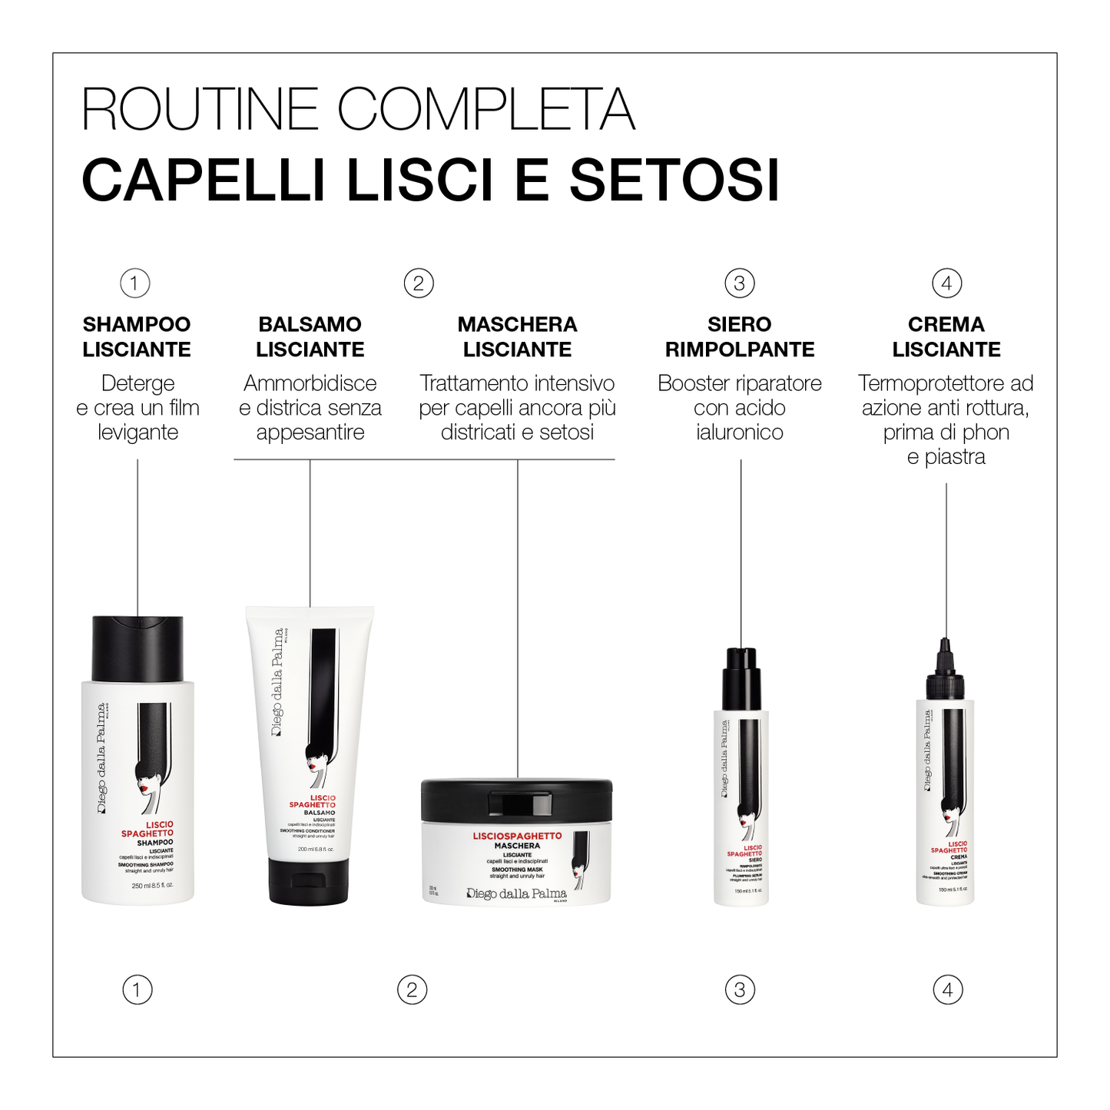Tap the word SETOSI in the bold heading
(x=674, y=181)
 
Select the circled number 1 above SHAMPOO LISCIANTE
(x=135, y=283)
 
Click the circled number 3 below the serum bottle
(x=740, y=989)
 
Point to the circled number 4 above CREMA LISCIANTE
(x=946, y=283)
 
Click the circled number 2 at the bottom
(x=412, y=989)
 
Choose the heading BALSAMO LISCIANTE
(x=310, y=336)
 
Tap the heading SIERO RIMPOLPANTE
(x=740, y=336)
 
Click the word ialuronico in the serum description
(x=740, y=432)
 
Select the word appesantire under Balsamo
(x=310, y=432)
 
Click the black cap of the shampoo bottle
(x=138, y=648)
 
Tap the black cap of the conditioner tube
(x=309, y=881)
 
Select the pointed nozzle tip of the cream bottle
(x=946, y=645)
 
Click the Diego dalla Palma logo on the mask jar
(x=516, y=893)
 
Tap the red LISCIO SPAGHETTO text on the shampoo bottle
(x=147, y=829)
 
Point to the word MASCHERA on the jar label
(x=517, y=845)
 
